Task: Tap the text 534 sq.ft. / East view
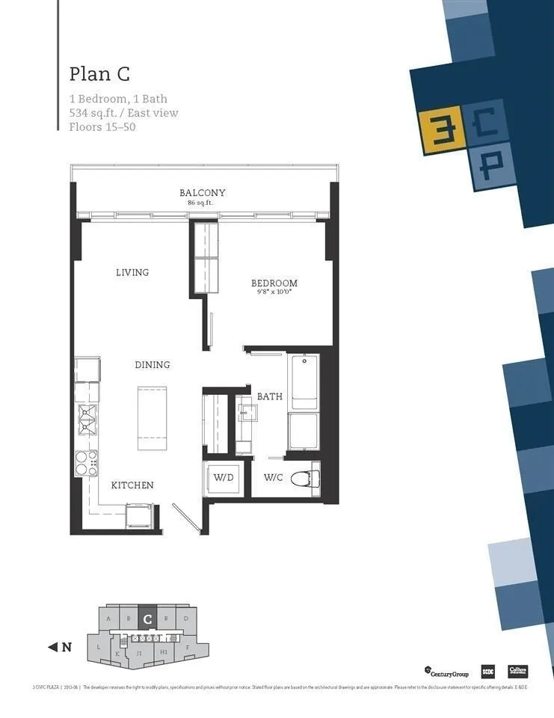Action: click(123, 113)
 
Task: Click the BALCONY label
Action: click(202, 193)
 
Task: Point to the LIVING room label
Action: click(132, 272)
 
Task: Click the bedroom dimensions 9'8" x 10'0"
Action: click(274, 293)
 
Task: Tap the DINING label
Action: click(152, 365)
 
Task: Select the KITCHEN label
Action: click(132, 485)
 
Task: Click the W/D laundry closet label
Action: click(223, 478)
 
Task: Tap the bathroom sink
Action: click(247, 414)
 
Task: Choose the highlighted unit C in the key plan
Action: click(148, 619)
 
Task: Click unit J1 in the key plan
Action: click(139, 652)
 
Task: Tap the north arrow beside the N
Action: click(53, 648)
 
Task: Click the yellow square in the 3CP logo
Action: click(434, 129)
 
